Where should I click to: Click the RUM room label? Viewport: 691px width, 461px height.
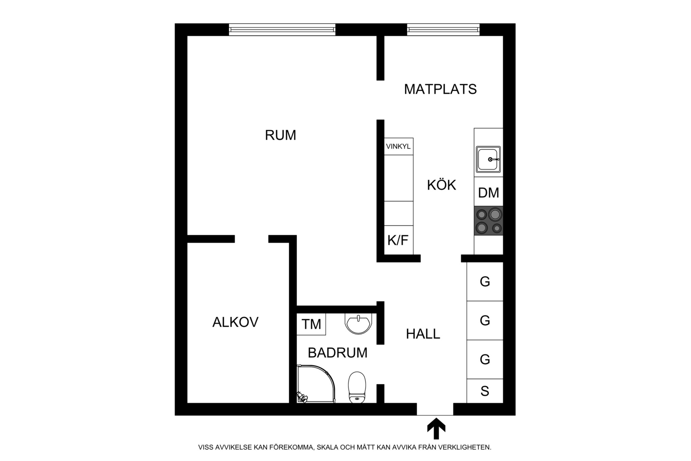(x=280, y=135)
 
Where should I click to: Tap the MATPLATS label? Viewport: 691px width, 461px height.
(x=440, y=89)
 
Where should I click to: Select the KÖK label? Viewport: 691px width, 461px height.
(x=441, y=185)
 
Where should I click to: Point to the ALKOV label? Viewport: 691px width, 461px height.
(x=235, y=322)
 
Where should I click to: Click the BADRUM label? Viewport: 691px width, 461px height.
(x=337, y=353)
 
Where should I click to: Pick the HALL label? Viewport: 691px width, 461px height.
(x=423, y=334)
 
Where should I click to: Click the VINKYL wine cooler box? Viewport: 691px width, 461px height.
(x=399, y=146)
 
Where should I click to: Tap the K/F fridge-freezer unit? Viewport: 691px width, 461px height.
(x=399, y=240)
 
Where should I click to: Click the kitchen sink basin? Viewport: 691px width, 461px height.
(x=488, y=159)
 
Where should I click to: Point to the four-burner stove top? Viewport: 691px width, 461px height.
(x=489, y=221)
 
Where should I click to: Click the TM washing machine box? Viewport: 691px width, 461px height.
(x=311, y=324)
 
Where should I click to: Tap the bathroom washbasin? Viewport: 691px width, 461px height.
(x=358, y=324)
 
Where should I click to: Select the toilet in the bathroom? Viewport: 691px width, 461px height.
(x=357, y=387)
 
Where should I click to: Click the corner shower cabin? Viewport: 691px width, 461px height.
(x=316, y=384)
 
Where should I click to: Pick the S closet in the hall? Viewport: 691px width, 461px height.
(x=485, y=391)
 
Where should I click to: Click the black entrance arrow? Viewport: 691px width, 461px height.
(x=436, y=428)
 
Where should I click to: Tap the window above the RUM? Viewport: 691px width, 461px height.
(x=282, y=29)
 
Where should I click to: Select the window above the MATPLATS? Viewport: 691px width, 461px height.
(x=443, y=29)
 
